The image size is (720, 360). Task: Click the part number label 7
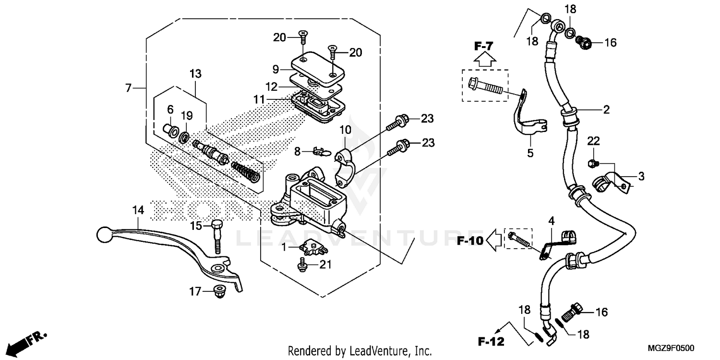[128, 88]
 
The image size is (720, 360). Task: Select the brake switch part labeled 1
[309, 247]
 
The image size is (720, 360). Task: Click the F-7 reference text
[484, 47]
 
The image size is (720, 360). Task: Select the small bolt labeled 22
[593, 163]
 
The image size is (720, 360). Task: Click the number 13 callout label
[195, 74]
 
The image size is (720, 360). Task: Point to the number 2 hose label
[606, 110]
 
